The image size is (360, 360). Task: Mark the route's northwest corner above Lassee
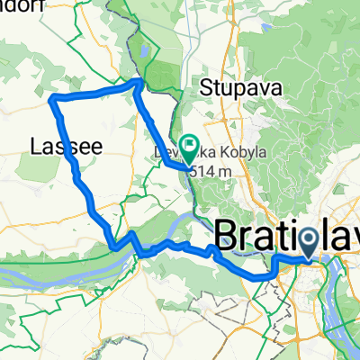(56, 97)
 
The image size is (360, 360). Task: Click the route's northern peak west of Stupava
(137, 82)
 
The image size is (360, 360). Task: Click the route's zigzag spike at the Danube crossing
(131, 235)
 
